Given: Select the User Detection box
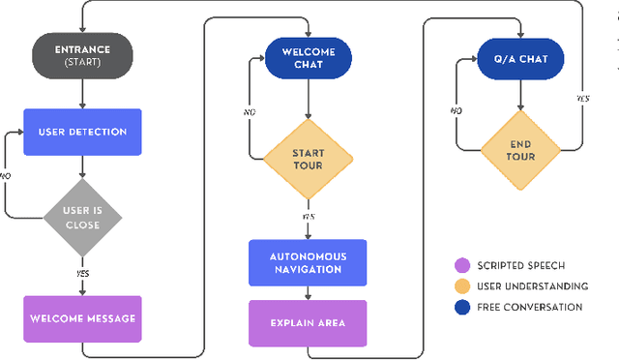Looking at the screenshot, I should click(82, 131).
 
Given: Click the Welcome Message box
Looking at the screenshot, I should click(82, 317).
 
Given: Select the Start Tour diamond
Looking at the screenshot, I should click(308, 158).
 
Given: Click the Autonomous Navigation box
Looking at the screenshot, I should click(308, 262).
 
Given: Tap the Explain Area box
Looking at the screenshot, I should click(308, 323).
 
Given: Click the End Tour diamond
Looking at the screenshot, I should click(521, 151).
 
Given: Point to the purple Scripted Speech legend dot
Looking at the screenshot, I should click(460, 265).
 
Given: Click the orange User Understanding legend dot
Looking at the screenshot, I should click(460, 285).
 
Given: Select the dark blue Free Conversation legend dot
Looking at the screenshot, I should click(460, 307).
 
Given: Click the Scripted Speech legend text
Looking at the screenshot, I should click(528, 265).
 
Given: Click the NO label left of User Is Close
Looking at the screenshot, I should click(6, 176).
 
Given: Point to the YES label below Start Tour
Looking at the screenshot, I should click(308, 217).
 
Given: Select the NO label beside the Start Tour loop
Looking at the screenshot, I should click(249, 111).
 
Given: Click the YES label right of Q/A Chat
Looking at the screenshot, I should click(582, 99).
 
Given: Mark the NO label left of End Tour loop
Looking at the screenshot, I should click(456, 111).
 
